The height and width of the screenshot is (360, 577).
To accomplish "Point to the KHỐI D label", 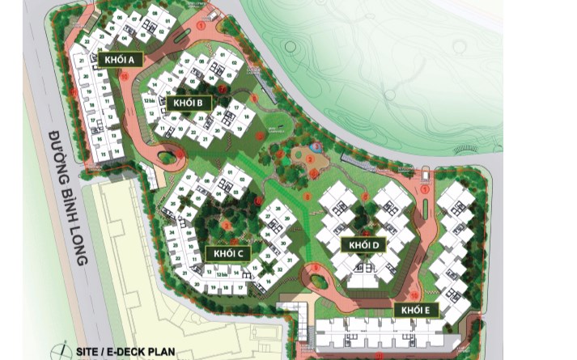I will click(x=363, y=244).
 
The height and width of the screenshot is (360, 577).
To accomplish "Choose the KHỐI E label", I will click(x=417, y=310).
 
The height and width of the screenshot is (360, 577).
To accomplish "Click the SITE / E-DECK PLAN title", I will click(x=125, y=352).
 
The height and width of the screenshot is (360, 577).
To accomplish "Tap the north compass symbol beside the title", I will click(x=57, y=351).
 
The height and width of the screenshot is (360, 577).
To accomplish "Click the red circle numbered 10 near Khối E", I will click(x=414, y=295).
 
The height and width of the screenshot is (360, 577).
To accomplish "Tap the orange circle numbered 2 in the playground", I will click(x=308, y=159).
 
